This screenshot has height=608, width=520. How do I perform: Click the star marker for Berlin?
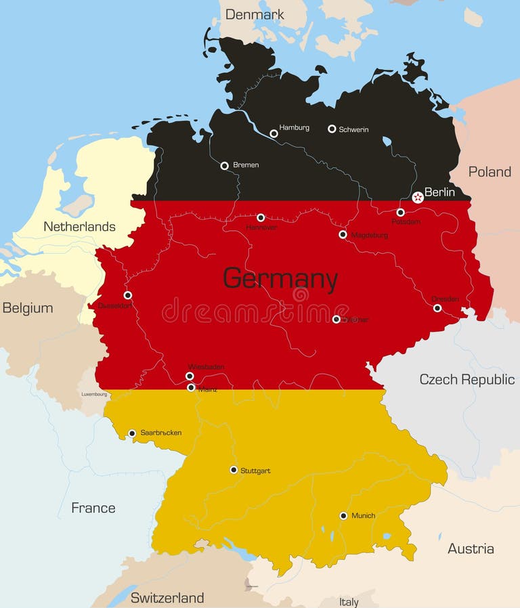coord(418,197)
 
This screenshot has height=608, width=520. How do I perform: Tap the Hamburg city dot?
coord(274,133)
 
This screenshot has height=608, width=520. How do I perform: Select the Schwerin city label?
coord(353,129)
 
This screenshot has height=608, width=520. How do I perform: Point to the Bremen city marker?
coord(224,165)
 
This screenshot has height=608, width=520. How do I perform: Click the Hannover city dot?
coord(261,217)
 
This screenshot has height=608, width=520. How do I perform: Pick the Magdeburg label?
coord(369,236)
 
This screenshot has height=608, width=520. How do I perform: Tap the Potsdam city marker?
coord(400,212)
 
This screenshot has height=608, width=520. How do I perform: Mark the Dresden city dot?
coord(437,308)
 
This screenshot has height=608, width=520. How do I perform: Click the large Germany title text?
coord(280,279)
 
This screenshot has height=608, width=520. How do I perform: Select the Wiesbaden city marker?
coord(190,376)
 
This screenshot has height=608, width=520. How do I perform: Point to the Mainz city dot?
coord(191,387)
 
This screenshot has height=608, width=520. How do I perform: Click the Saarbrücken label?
coord(161,433)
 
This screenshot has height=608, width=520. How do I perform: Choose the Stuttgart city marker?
coord(234,469)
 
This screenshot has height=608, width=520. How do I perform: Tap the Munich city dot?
coord(343,515)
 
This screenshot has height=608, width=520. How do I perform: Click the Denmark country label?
coord(255,14)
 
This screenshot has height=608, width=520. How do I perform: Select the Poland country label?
coord(490,172)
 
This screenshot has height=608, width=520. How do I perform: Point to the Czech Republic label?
coord(467,379)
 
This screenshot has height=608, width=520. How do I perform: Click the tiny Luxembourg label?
coord(94,394)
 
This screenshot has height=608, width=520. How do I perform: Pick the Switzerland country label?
coord(167,597)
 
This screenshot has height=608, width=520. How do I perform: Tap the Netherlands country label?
coord(79,226)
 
